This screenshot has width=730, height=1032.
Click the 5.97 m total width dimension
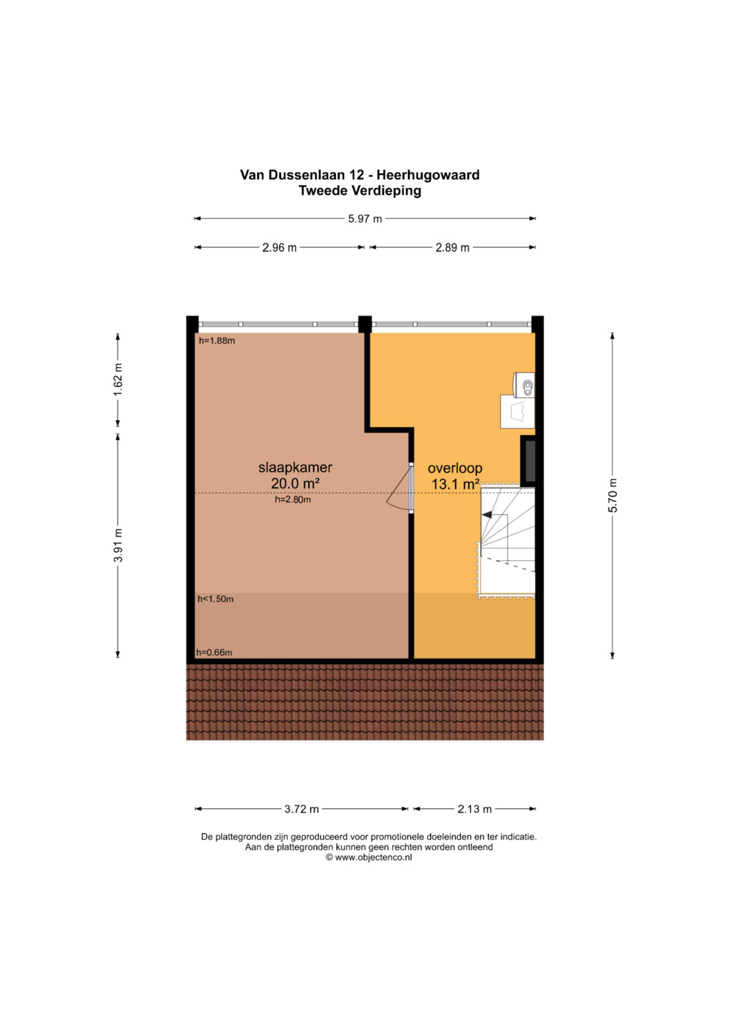pyautogui.click(x=364, y=219)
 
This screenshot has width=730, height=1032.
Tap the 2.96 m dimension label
pyautogui.click(x=279, y=248)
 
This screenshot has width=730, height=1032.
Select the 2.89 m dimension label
pyautogui.click(x=453, y=248)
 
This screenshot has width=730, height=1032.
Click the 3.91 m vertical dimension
pyautogui.click(x=118, y=545)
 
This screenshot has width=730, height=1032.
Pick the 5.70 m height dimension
pyautogui.click(x=612, y=495)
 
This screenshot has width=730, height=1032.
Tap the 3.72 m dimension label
pyautogui.click(x=301, y=809)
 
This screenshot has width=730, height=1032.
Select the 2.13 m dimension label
pyautogui.click(x=474, y=809)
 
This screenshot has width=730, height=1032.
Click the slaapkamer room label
pyautogui.click(x=295, y=468)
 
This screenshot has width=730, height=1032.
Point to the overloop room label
pyautogui.click(x=455, y=468)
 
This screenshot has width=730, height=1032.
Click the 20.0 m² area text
pyautogui.click(x=295, y=484)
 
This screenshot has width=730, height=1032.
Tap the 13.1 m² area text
pyautogui.click(x=455, y=484)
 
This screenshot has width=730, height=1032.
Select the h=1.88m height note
pyautogui.click(x=217, y=341)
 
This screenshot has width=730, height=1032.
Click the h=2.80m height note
pyautogui.click(x=293, y=499)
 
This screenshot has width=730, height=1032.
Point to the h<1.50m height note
pyautogui.click(x=216, y=599)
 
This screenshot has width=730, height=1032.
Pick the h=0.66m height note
pyautogui.click(x=214, y=652)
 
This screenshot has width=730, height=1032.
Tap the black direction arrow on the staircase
pyautogui.click(x=487, y=515)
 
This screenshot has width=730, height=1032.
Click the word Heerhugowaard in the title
pyautogui.click(x=428, y=175)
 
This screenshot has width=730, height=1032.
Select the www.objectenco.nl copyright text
pyautogui.click(x=368, y=858)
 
